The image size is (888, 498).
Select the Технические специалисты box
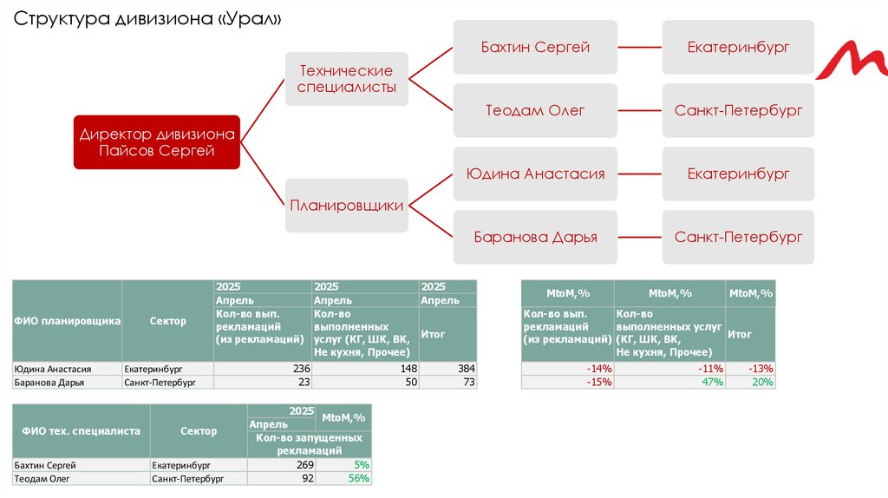[346, 79]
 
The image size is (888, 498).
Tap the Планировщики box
[346, 206]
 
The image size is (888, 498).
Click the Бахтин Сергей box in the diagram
[535, 48]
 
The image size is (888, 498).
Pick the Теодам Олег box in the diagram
[535, 111]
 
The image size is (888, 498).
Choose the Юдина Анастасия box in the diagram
[535, 174]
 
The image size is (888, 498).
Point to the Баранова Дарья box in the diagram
[535, 237]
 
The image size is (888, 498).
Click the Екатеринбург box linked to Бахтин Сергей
[738, 48]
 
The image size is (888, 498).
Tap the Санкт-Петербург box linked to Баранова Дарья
[738, 237]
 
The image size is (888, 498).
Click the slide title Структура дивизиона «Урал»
[148, 20]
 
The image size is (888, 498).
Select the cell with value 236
[263, 369]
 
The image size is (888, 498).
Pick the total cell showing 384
[447, 369]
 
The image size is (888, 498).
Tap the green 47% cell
[669, 382]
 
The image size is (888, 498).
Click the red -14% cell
[567, 369]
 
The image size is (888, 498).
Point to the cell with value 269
[283, 465]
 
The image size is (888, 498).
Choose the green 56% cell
[344, 478]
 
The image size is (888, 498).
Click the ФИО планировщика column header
[67, 321]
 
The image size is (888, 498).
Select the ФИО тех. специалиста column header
[82, 430]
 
